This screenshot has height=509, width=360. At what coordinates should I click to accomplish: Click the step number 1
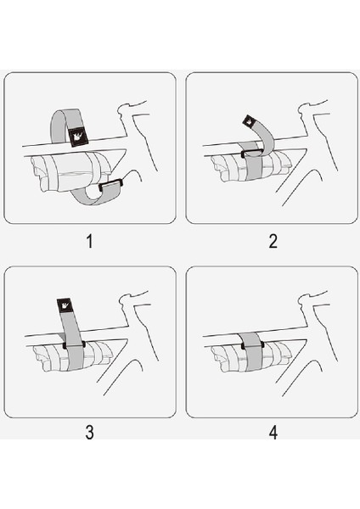coord(90,242)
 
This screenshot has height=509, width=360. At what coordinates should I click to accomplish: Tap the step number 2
coord(273,242)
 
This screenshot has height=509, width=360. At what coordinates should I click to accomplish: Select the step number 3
coord(90,432)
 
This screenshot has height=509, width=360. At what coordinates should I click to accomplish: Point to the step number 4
coord(273,432)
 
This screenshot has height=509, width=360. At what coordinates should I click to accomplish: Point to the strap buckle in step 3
coord(68,345)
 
